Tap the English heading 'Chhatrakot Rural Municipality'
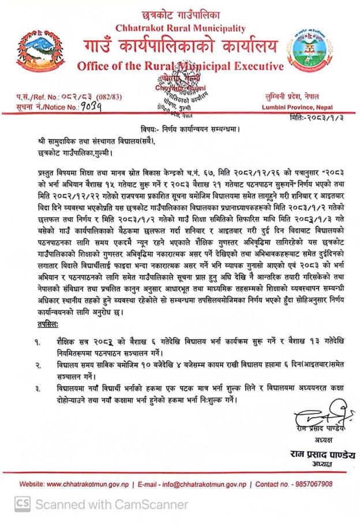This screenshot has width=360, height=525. [x=180, y=28]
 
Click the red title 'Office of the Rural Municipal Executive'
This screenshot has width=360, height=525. [x=180, y=64]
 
